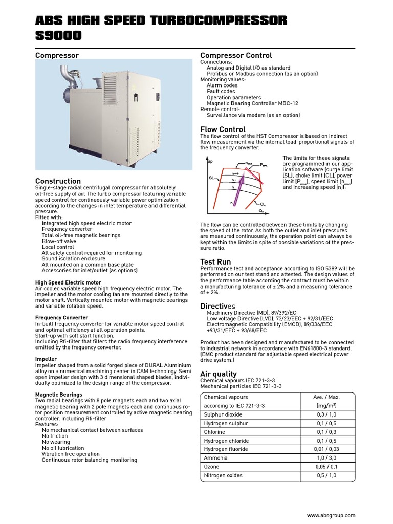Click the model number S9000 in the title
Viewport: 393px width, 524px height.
(58, 35)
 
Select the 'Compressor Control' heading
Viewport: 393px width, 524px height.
(236, 55)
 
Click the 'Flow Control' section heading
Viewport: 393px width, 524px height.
(223, 129)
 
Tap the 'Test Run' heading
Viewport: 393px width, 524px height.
(215, 262)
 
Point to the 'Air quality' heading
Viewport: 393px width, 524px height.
(219, 374)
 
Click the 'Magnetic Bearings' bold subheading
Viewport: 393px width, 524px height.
(58, 395)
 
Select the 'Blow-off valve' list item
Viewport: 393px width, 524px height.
(59, 241)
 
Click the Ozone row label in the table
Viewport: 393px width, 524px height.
(212, 467)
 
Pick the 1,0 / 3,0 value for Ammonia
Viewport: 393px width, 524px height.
(326, 458)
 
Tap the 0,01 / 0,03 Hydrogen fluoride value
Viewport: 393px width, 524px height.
(326, 449)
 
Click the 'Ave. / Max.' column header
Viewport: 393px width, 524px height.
(326, 397)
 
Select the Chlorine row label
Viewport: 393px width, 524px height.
(214, 432)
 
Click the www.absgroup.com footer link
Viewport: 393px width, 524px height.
(331, 516)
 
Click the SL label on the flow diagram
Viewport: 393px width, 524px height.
(211, 178)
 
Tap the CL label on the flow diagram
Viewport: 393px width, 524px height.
(263, 204)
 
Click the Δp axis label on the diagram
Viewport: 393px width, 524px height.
(210, 161)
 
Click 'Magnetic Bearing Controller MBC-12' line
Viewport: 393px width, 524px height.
(252, 103)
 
